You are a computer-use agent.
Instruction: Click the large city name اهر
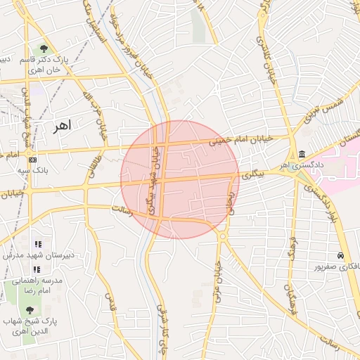(62, 125)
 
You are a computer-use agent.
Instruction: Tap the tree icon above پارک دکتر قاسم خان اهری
(44, 49)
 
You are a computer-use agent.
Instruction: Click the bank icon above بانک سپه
(32, 160)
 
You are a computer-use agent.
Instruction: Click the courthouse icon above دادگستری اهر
(302, 154)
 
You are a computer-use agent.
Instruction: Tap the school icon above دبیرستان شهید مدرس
(38, 244)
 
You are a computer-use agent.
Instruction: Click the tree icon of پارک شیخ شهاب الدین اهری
(30, 310)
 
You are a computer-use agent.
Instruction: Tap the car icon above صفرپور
(340, 255)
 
